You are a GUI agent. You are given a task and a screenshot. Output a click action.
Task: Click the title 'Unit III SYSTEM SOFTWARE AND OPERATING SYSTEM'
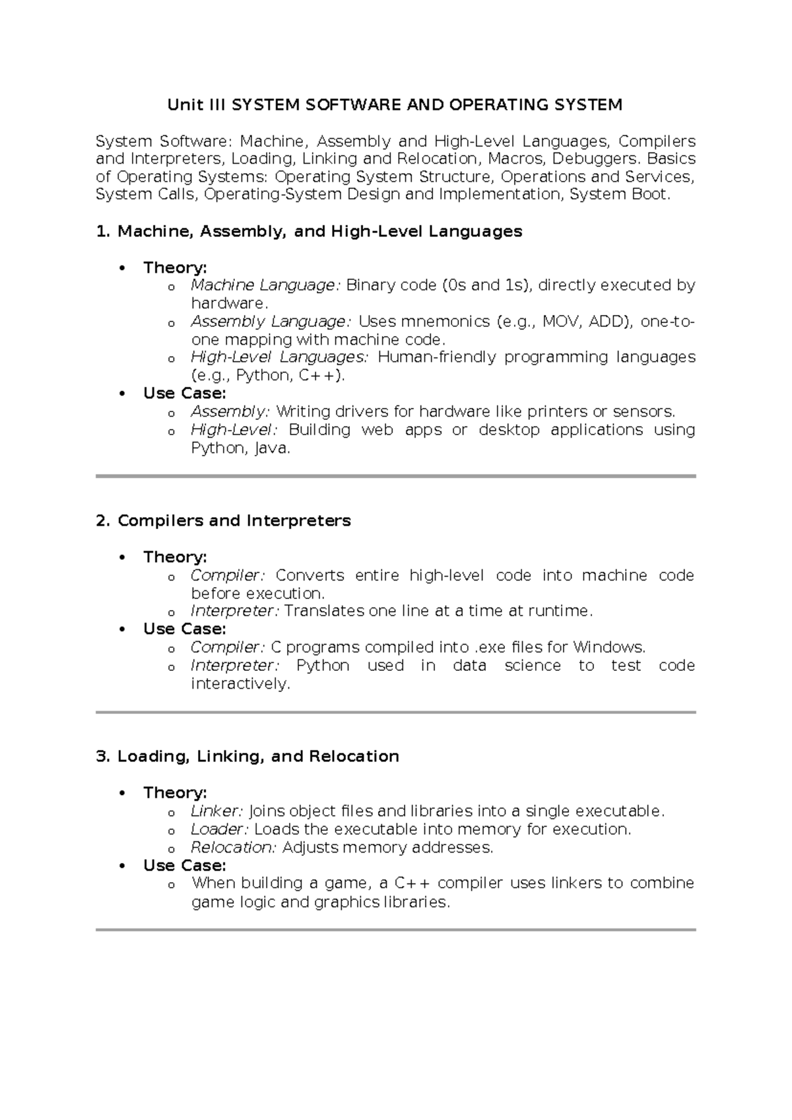point(395,105)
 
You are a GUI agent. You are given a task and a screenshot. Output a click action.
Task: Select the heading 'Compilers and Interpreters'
point(234,521)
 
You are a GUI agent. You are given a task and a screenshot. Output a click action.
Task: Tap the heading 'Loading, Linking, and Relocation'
point(258,757)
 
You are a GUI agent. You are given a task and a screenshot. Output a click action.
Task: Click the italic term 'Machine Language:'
point(265,285)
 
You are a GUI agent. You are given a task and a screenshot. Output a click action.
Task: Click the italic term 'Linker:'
point(217,811)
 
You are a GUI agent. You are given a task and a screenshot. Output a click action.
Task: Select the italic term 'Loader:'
point(220,829)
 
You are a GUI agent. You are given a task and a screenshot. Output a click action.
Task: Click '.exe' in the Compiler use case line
point(490,647)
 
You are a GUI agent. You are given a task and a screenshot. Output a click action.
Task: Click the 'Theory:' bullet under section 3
point(175,793)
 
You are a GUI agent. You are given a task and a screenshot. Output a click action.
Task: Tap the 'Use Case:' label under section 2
point(184,629)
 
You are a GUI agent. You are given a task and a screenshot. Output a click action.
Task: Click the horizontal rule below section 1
point(395,475)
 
